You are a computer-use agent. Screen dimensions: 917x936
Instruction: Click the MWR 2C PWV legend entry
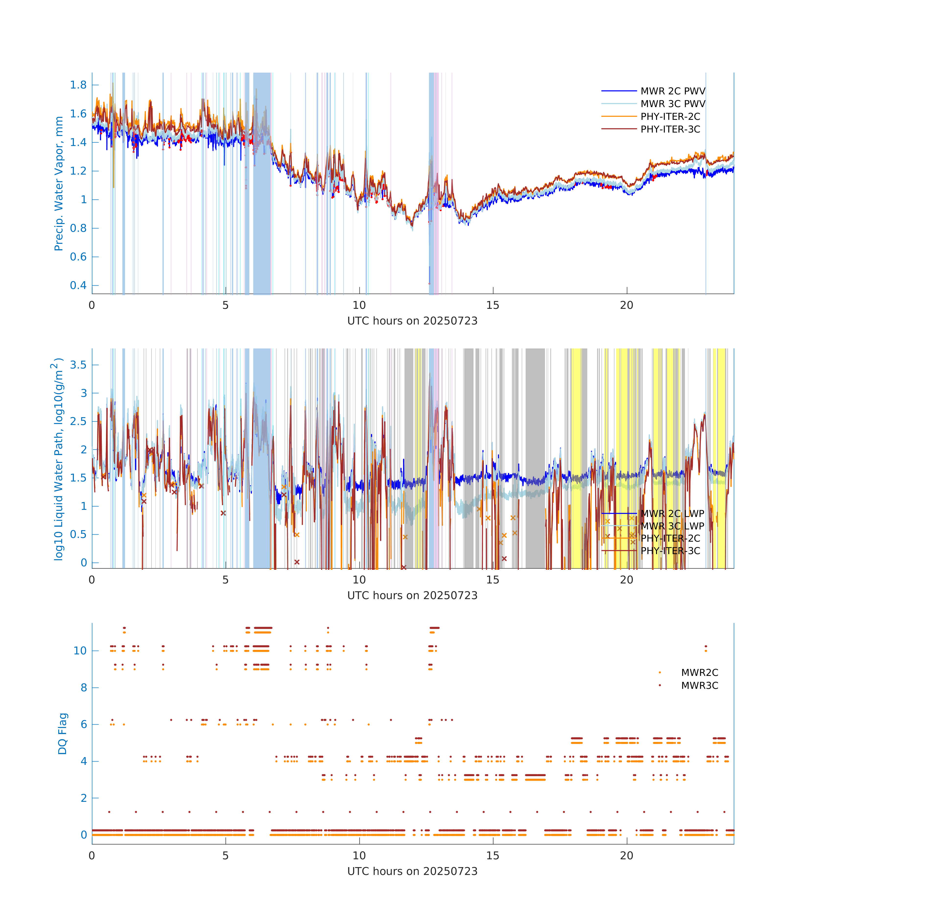[672, 91]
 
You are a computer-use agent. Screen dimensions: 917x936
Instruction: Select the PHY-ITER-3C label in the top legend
[670, 129]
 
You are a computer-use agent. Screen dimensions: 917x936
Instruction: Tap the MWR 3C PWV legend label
[672, 103]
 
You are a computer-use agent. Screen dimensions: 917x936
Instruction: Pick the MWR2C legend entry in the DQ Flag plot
[699, 672]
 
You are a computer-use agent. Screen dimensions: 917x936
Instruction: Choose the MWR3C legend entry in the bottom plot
[699, 685]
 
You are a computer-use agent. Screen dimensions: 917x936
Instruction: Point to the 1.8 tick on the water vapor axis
[78, 85]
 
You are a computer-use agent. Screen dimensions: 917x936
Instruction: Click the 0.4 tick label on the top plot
[78, 285]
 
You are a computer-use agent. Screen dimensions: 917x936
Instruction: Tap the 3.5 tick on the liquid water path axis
[78, 365]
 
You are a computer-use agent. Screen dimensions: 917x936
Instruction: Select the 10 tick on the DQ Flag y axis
[80, 651]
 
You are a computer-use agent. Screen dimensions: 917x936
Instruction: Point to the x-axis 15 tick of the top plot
[493, 305]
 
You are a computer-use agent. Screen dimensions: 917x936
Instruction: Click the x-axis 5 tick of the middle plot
[226, 579]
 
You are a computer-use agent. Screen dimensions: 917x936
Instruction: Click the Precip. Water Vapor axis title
[59, 183]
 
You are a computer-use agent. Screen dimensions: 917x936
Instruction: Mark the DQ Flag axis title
[62, 734]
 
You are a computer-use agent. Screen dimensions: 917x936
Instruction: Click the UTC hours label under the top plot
[412, 321]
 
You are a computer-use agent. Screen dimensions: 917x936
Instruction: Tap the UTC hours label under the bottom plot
[412, 871]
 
